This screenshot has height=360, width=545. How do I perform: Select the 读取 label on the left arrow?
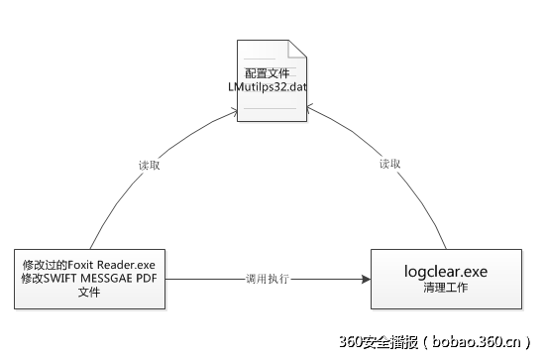[x=150, y=165]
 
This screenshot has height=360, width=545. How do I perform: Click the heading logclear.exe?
[x=446, y=271]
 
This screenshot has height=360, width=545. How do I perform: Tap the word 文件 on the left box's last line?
[x=90, y=293]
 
